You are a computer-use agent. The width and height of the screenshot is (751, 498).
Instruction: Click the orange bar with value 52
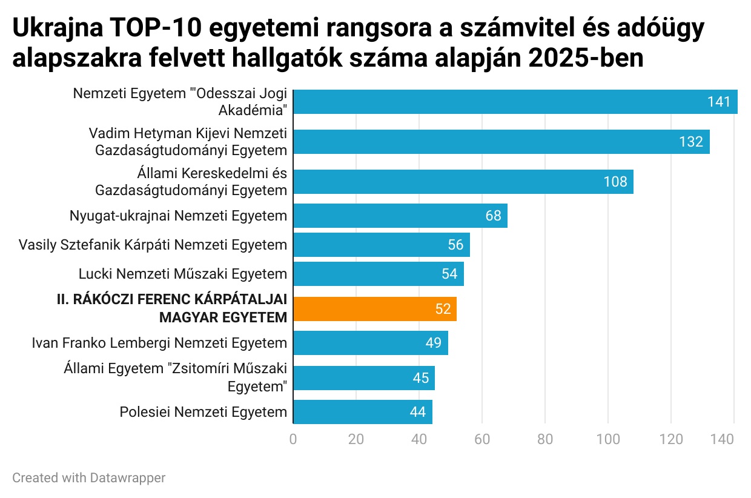click(x=374, y=309)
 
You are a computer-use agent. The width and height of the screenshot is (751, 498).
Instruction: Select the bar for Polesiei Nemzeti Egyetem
click(x=362, y=412)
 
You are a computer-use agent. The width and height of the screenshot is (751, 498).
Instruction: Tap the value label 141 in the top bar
click(x=719, y=102)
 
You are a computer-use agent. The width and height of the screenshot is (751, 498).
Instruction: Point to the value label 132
click(x=691, y=142)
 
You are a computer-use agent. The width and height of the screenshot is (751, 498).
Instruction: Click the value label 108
click(x=615, y=182)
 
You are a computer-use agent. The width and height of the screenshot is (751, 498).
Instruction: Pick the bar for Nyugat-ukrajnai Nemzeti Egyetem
click(x=400, y=216)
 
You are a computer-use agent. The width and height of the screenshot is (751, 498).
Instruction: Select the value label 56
click(x=455, y=245)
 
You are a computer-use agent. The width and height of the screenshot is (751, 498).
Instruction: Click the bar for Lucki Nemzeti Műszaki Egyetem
click(x=378, y=274)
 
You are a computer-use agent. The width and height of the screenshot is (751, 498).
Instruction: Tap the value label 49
click(x=433, y=343)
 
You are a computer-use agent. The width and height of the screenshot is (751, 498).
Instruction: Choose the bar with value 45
click(x=363, y=378)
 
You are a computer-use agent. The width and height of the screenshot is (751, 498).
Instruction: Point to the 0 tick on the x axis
click(x=293, y=439)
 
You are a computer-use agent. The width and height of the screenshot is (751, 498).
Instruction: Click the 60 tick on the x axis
click(x=482, y=439)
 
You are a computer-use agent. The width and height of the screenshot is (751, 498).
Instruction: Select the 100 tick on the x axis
click(x=608, y=439)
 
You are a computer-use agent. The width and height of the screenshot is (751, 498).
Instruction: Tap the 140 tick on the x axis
click(x=733, y=439)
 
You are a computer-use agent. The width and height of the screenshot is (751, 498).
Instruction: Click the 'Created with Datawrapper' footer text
click(x=89, y=478)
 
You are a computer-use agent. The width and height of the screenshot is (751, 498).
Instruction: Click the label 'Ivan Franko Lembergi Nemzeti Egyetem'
click(x=159, y=344)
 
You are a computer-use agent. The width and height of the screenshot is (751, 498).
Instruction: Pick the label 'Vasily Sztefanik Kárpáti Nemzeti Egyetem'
click(x=153, y=245)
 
